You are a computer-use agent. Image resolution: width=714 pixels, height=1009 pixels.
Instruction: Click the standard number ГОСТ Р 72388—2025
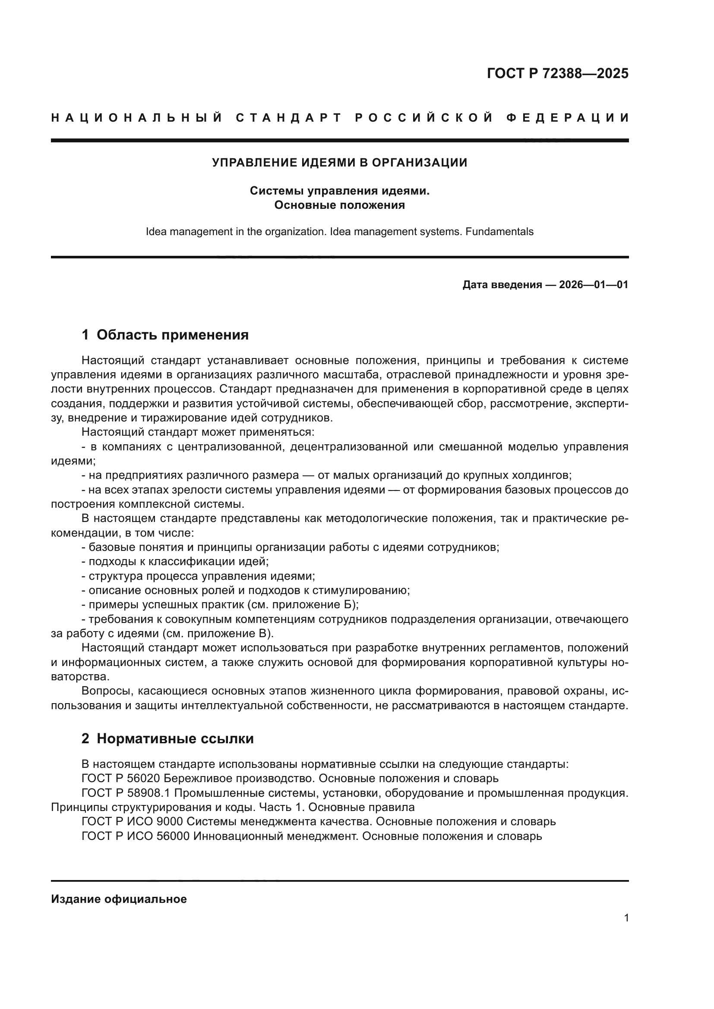[557, 73]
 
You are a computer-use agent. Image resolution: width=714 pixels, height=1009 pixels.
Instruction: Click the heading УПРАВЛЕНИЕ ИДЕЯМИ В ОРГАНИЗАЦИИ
[339, 163]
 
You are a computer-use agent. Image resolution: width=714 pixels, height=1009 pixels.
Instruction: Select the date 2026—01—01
[594, 285]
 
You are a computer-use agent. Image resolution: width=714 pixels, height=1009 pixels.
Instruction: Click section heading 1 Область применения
[165, 335]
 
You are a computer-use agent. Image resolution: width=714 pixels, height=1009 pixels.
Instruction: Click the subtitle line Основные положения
[339, 205]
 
